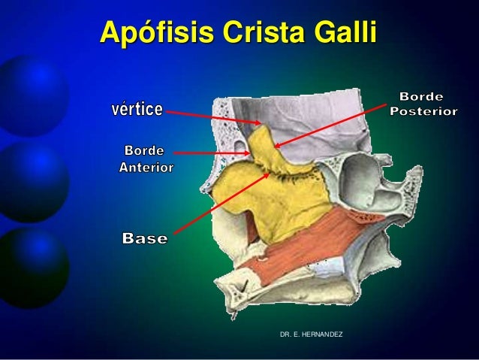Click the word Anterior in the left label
(146, 167)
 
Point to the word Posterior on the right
(424, 111)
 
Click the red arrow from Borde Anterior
(212, 153)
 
